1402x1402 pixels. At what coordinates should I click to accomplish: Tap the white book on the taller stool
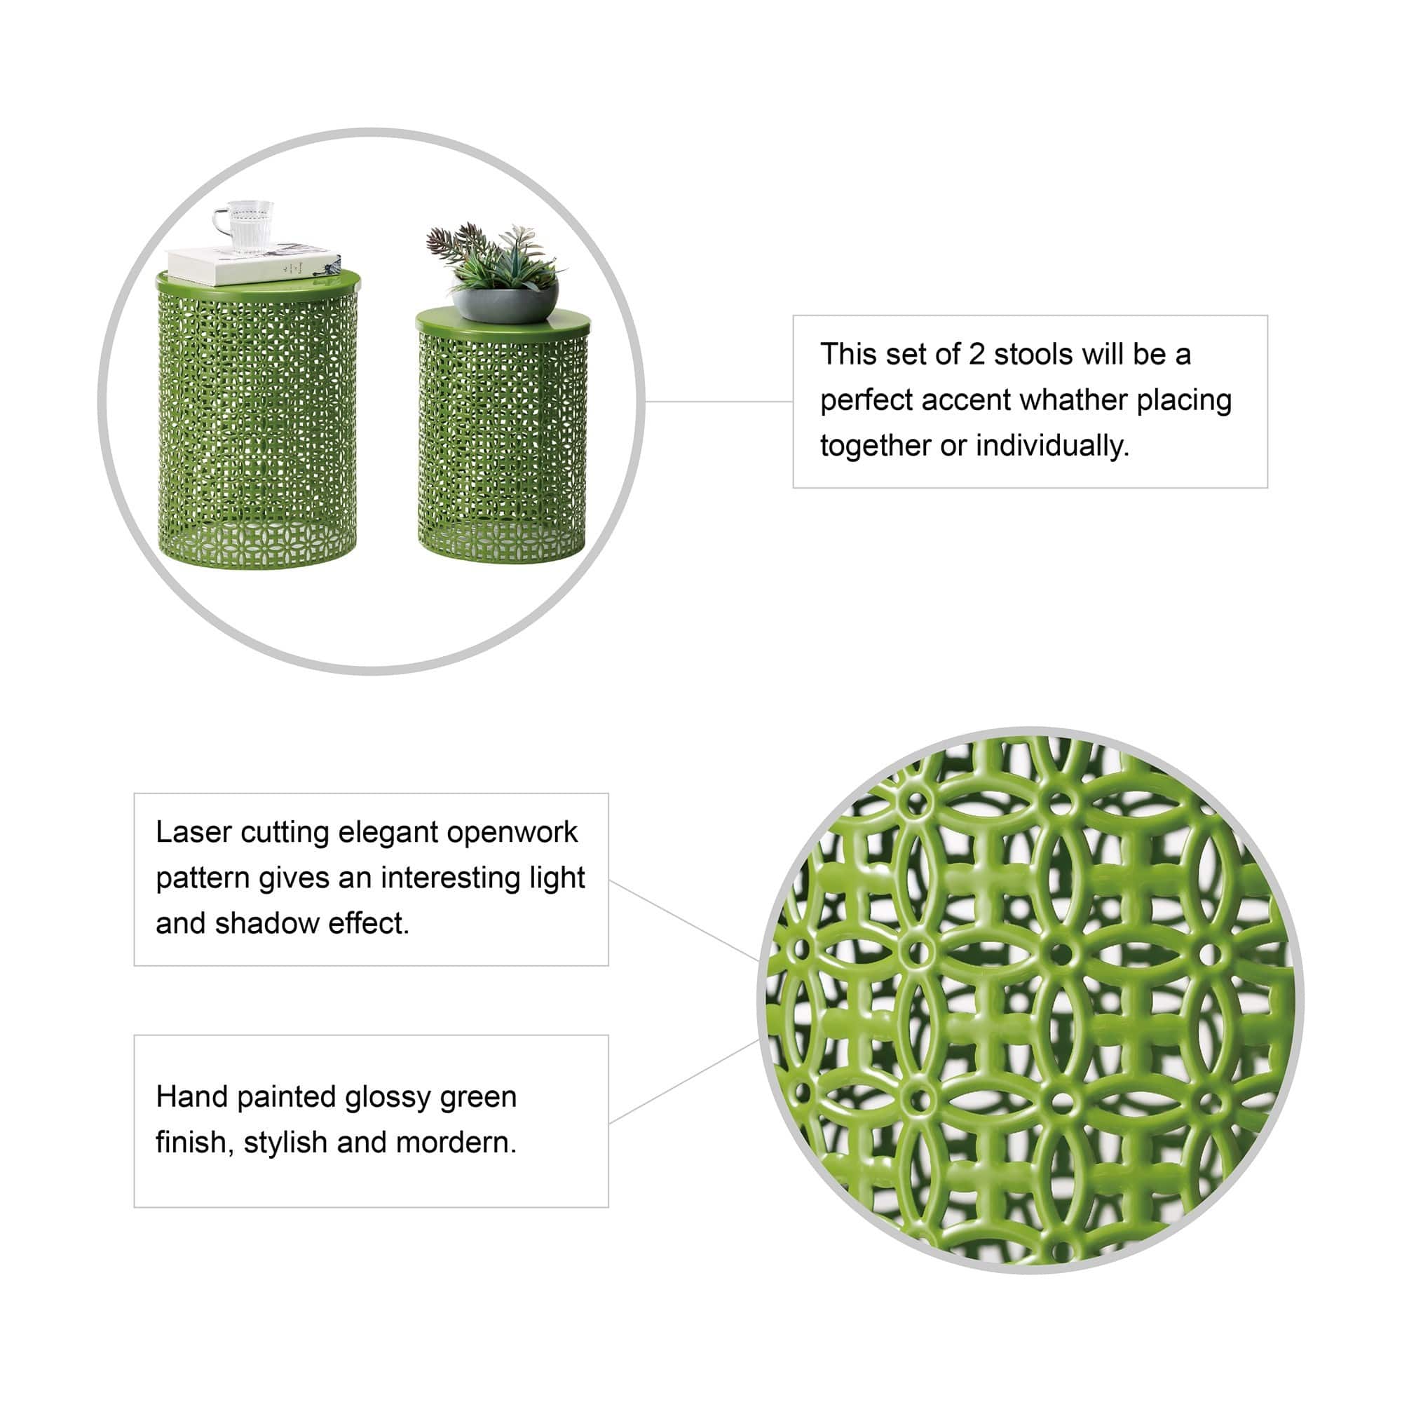tap(253, 264)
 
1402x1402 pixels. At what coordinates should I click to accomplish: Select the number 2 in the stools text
tap(976, 355)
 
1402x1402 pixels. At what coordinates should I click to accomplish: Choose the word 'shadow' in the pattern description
tap(267, 924)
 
